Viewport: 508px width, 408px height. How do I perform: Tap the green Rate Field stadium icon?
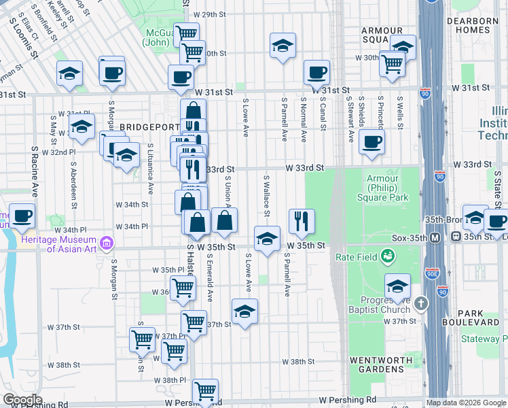tap(387, 256)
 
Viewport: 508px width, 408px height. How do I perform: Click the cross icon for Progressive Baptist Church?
tap(421, 303)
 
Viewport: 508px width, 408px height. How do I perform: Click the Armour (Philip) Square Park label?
tap(383, 188)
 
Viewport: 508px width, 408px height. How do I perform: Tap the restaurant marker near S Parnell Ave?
tap(302, 220)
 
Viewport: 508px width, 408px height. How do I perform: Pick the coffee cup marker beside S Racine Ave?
tap(22, 216)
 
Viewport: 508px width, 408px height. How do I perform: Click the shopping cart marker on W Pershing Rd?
tap(205, 390)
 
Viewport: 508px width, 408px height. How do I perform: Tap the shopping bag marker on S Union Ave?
tap(224, 220)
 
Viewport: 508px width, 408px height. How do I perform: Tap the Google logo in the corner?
tap(22, 400)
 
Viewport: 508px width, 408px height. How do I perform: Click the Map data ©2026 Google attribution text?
tap(466, 403)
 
